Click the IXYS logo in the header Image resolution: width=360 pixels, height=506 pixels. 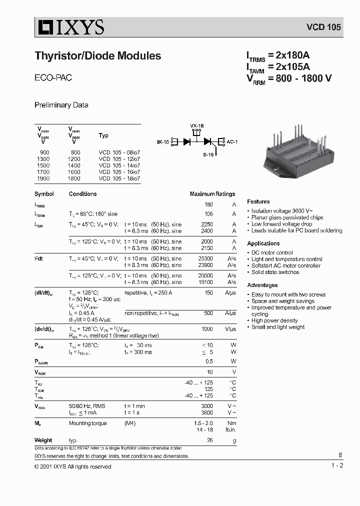[69, 27]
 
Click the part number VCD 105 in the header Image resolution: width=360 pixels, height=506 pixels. [323, 27]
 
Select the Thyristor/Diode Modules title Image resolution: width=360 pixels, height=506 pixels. [97, 56]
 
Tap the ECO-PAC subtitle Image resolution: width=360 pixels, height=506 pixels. [53, 78]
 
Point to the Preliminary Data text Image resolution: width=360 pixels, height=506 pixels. [61, 105]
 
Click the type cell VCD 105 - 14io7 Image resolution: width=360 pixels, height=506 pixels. [119, 165]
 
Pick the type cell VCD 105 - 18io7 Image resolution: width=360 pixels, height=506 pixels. [119, 178]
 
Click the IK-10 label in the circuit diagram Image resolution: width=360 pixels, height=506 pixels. [163, 142]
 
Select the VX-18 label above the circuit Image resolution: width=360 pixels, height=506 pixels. [197, 125]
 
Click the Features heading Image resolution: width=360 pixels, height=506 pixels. [258, 201]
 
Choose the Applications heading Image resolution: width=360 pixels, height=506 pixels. [263, 243]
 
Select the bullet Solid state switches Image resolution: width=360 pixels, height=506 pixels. [275, 272]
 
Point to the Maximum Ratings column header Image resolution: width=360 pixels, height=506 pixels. [212, 194]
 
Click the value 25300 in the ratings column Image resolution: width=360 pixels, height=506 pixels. [205, 258]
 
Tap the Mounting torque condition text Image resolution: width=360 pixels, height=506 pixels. [87, 423]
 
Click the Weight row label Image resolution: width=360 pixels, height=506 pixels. [43, 440]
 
